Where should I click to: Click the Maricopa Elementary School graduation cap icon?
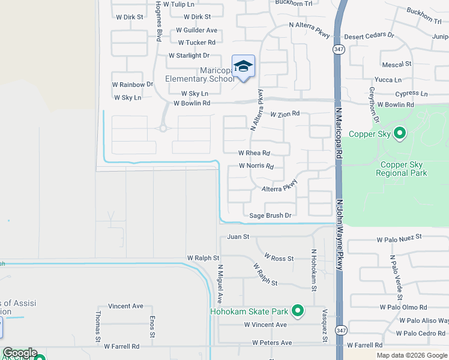tap(243, 67)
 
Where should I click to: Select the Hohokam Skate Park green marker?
tap(297, 311)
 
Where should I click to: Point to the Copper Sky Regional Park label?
tap(401, 168)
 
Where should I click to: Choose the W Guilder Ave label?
tap(196, 30)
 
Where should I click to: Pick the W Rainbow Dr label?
tap(133, 85)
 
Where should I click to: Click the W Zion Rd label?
tap(285, 113)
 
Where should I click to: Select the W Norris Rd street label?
tap(256, 166)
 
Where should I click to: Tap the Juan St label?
tap(238, 237)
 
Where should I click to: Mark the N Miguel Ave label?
tap(220, 283)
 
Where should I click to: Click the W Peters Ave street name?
tap(272, 343)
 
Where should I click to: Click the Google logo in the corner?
tap(20, 353)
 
